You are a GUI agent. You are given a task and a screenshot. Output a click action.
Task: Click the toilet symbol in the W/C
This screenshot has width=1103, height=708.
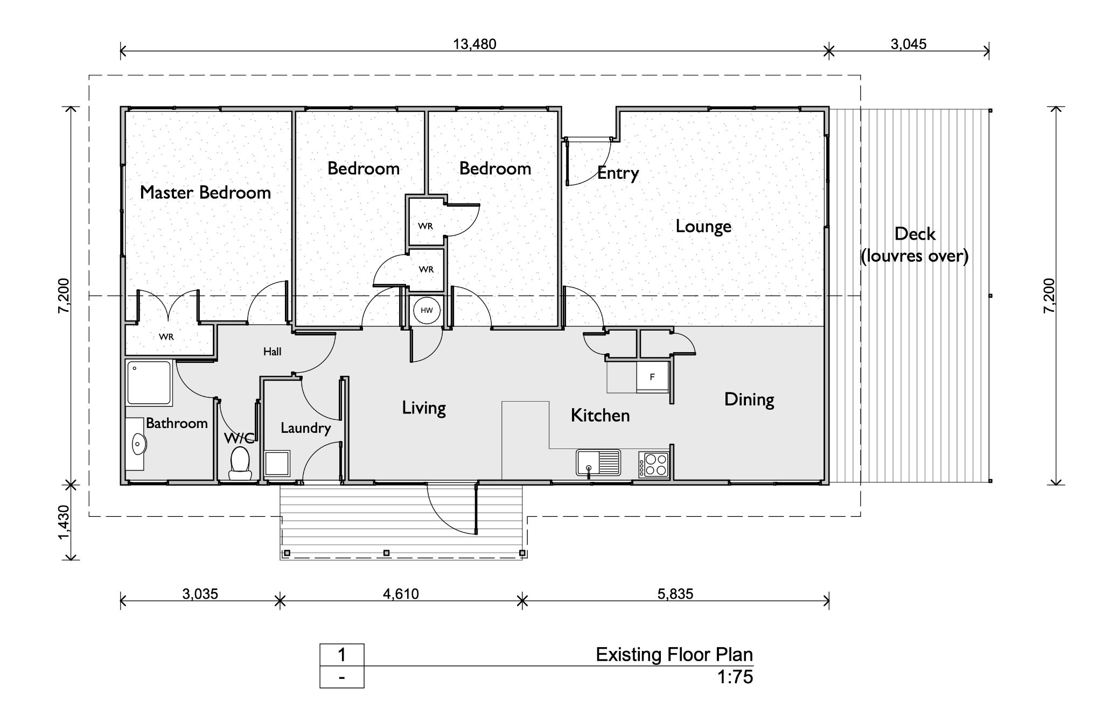pyautogui.click(x=240, y=463)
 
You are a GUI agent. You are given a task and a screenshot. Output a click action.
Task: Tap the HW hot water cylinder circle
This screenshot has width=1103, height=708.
pyautogui.click(x=427, y=311)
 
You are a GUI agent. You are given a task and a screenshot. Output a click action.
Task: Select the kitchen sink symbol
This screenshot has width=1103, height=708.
pyautogui.click(x=598, y=462)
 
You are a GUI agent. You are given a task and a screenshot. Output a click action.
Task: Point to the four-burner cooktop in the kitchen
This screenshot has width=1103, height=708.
pyautogui.click(x=654, y=465)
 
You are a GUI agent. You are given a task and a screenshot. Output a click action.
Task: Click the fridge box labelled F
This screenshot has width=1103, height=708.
pyautogui.click(x=652, y=377)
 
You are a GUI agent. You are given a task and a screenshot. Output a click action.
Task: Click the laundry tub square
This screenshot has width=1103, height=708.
pyautogui.click(x=277, y=463)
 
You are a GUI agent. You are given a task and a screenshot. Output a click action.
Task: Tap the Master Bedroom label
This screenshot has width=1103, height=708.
pyautogui.click(x=205, y=192)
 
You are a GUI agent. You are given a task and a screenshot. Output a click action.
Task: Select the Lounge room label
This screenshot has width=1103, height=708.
pyautogui.click(x=703, y=226)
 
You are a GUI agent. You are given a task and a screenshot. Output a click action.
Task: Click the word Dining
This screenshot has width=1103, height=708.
pyautogui.click(x=749, y=399)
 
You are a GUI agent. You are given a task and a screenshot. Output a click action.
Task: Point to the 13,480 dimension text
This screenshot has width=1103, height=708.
pyautogui.click(x=474, y=44)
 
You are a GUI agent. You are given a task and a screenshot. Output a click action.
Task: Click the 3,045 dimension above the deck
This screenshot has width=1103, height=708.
pyautogui.click(x=909, y=44)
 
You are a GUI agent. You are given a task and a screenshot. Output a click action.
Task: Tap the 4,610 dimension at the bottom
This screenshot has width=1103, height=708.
pyautogui.click(x=401, y=594)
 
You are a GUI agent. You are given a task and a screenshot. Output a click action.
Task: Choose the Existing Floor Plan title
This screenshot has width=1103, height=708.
pyautogui.click(x=674, y=655)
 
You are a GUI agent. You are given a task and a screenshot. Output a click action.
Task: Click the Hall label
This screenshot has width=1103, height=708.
pyautogui.click(x=272, y=352)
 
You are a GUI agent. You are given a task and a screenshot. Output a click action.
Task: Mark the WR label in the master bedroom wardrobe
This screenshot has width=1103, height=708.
pyautogui.click(x=166, y=337)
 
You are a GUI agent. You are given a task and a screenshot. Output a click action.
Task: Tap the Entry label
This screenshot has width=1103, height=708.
pyautogui.click(x=618, y=173)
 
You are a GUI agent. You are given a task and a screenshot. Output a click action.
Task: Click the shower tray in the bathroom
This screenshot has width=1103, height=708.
pyautogui.click(x=149, y=382)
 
